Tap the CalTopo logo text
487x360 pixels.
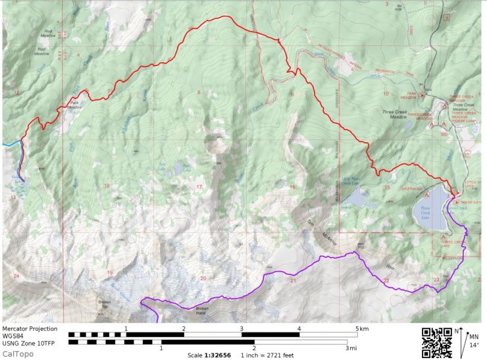pos(16,354)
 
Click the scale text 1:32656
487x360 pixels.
pos(206,354)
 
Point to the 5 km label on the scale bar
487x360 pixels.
pos(361,328)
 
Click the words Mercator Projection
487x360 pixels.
pos(30,328)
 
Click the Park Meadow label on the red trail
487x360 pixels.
pos(75,106)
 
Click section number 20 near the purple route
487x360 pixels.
pos(203,278)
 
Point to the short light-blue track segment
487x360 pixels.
pos(10,141)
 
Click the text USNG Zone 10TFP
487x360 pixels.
pos(30,342)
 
